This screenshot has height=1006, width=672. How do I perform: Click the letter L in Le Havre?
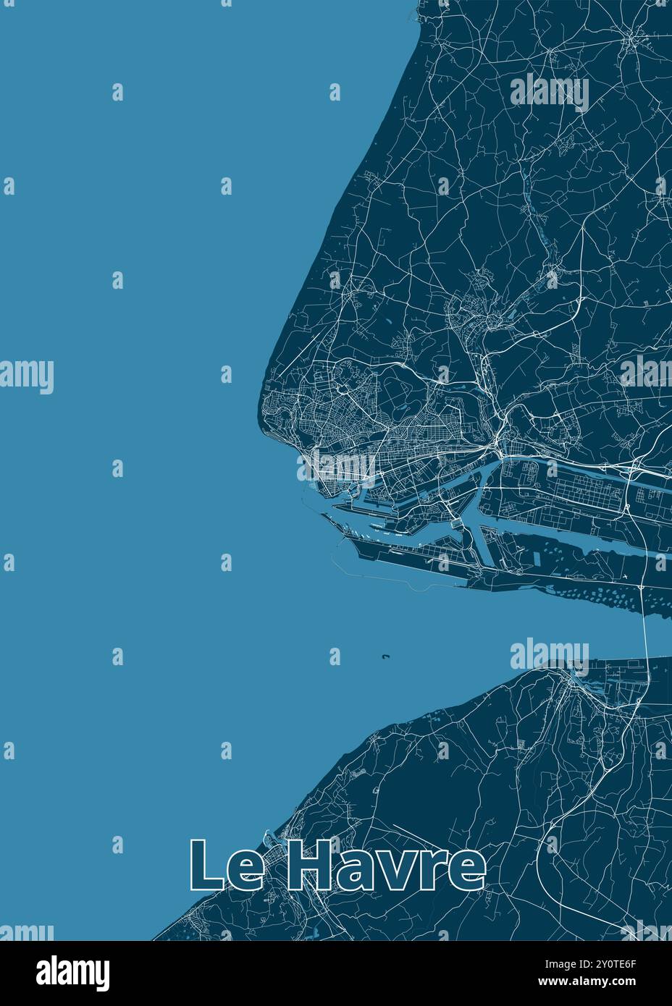coord(206,865)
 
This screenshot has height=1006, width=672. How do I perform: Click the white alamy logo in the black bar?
coord(73,972)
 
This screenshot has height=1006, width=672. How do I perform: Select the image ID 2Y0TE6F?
coord(613,963)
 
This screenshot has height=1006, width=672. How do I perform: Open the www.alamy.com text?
coord(613,981)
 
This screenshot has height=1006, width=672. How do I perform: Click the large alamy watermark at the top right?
coord(550,92)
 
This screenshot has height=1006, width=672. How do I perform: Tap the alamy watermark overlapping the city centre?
coord(336,467)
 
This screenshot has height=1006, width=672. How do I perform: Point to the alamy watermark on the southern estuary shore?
coord(550,655)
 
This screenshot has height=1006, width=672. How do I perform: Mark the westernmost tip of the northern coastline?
coord(259,420)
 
